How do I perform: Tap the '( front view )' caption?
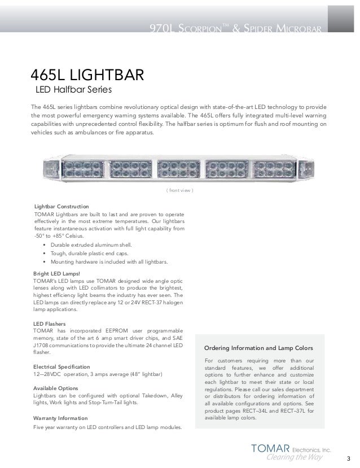pyautogui.click(x=179, y=190)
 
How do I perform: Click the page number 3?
pyautogui.click(x=348, y=458)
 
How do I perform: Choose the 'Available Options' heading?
pyautogui.click(x=55, y=389)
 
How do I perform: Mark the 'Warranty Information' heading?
pyautogui.click(x=60, y=418)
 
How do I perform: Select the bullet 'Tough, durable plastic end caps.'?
pyautogui.click(x=90, y=253)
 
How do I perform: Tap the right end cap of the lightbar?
pyautogui.click(x=309, y=168)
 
